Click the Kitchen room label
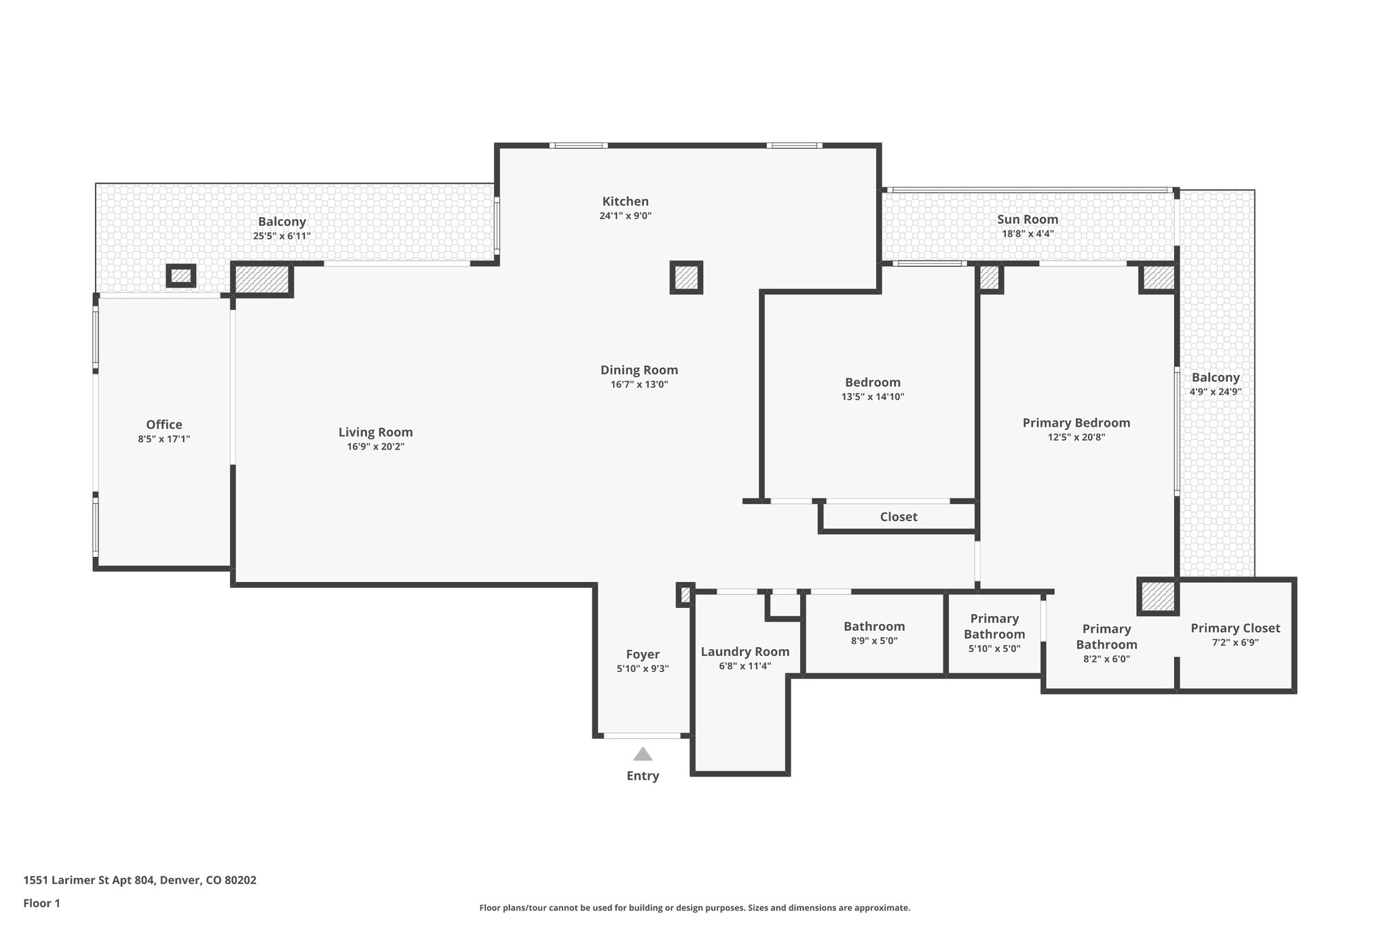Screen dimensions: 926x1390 coord(625,201)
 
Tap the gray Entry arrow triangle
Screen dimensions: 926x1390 coord(643,754)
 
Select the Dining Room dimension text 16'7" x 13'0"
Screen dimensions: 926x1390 coord(639,385)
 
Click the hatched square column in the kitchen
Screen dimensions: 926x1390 coord(685,277)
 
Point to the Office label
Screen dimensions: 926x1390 coord(164,425)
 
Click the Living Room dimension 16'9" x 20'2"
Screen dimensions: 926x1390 coord(375,447)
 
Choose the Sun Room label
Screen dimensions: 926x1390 coord(1028,219)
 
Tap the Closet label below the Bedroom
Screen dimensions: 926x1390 coord(899,517)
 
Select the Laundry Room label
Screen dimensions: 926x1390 coord(745,652)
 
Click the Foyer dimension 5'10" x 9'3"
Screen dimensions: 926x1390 coord(642,669)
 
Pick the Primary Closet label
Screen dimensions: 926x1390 coord(1235,628)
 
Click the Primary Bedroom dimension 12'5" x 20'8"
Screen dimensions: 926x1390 coord(1076,438)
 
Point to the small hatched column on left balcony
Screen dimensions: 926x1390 coord(181,276)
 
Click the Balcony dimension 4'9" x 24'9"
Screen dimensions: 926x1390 coord(1216,392)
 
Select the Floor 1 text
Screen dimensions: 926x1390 coord(42,903)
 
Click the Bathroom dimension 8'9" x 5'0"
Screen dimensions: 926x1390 coord(874,641)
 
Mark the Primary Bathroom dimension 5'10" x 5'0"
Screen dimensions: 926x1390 coord(994,649)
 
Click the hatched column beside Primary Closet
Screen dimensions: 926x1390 coord(1157,596)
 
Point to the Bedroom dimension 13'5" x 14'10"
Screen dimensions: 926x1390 coord(873,398)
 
